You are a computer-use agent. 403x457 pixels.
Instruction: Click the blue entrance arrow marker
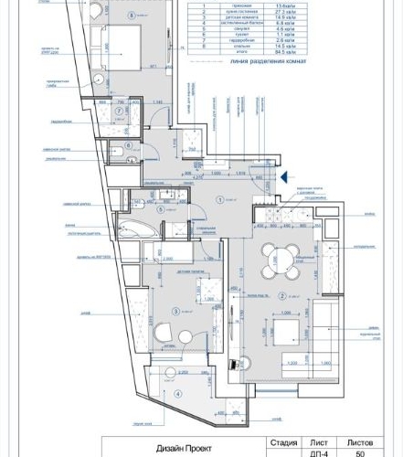click(x=285, y=178)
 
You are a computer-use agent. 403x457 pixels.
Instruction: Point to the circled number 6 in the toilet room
click(x=129, y=144)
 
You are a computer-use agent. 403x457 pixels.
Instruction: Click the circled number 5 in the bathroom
click(x=160, y=208)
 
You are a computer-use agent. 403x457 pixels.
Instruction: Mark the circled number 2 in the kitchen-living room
click(x=283, y=295)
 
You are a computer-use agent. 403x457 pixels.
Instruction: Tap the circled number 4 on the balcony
click(x=176, y=394)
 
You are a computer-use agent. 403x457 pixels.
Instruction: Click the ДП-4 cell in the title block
click(x=320, y=452)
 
